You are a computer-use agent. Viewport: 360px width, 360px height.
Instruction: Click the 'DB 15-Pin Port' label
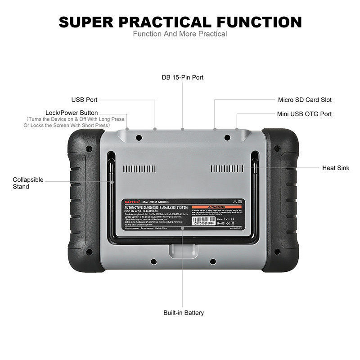pyautogui.click(x=183, y=77)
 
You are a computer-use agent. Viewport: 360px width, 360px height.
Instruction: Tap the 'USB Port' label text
pyautogui.click(x=84, y=99)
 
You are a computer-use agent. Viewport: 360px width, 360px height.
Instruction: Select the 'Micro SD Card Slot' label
pyautogui.click(x=305, y=99)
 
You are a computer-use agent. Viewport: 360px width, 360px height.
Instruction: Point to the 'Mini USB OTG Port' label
pyautogui.click(x=305, y=114)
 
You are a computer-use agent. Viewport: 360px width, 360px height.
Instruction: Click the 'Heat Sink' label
pyautogui.click(x=335, y=168)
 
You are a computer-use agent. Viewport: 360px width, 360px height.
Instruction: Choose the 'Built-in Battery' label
pyautogui.click(x=183, y=313)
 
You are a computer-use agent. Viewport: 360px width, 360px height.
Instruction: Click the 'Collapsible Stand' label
pyautogui.click(x=28, y=183)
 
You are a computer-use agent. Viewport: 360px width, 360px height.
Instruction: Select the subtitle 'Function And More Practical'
pyautogui.click(x=180, y=34)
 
